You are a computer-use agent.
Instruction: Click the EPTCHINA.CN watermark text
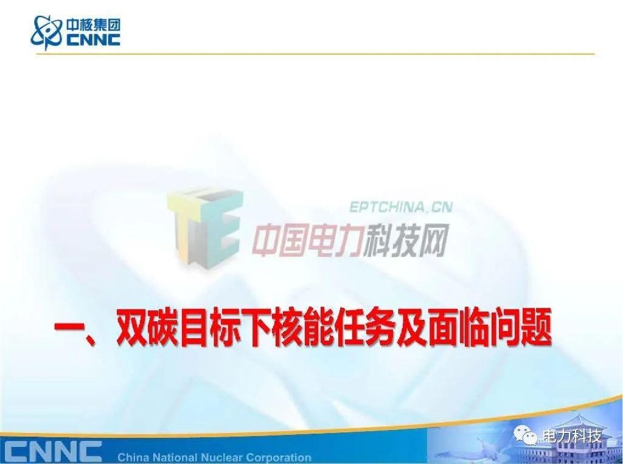[x=401, y=207]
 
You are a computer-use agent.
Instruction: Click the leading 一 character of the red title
[x=69, y=331]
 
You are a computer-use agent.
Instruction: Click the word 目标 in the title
[x=216, y=331]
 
